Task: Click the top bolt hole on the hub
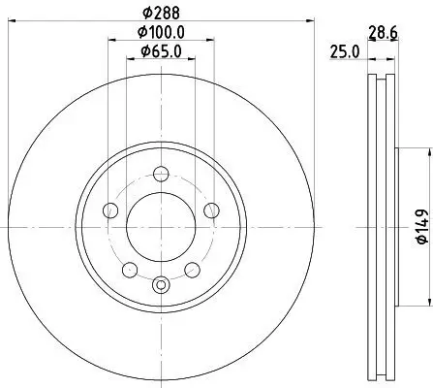coord(161,175)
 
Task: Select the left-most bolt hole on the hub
coord(110,211)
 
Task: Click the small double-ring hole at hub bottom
coord(161,284)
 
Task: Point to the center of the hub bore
coord(161,227)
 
